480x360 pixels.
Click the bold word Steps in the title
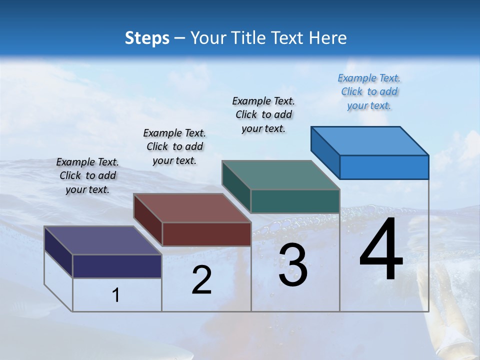(x=147, y=38)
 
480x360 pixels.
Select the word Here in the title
(x=328, y=38)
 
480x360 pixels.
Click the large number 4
(x=381, y=250)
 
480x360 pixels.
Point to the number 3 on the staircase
(x=293, y=265)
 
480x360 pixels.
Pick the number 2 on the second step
(x=201, y=280)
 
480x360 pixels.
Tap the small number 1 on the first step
(x=116, y=295)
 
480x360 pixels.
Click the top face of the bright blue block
(x=370, y=140)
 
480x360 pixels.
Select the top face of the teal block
(x=281, y=175)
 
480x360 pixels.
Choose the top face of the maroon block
(x=192, y=208)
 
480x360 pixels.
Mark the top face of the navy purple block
(x=102, y=240)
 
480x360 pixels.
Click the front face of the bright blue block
(x=384, y=167)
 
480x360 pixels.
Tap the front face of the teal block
(x=295, y=201)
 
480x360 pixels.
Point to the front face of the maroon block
(x=206, y=234)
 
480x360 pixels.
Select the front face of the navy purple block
(x=117, y=266)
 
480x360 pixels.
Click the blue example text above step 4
(x=369, y=91)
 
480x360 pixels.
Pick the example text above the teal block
(x=263, y=114)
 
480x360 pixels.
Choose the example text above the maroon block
(x=174, y=146)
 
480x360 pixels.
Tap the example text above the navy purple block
(x=87, y=175)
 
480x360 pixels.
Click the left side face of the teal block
(x=236, y=186)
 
